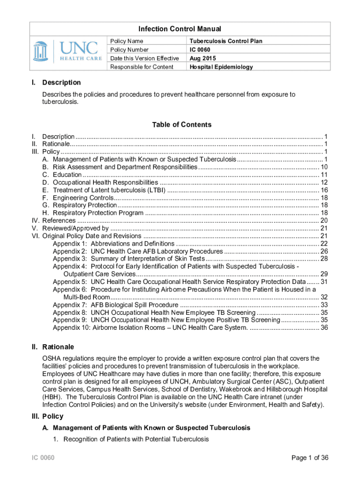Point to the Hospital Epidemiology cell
(x=221, y=67)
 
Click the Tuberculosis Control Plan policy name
(x=225, y=41)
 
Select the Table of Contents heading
(x=181, y=124)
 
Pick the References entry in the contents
(x=59, y=220)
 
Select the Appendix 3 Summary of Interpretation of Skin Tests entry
(x=129, y=259)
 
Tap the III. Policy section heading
(x=47, y=416)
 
